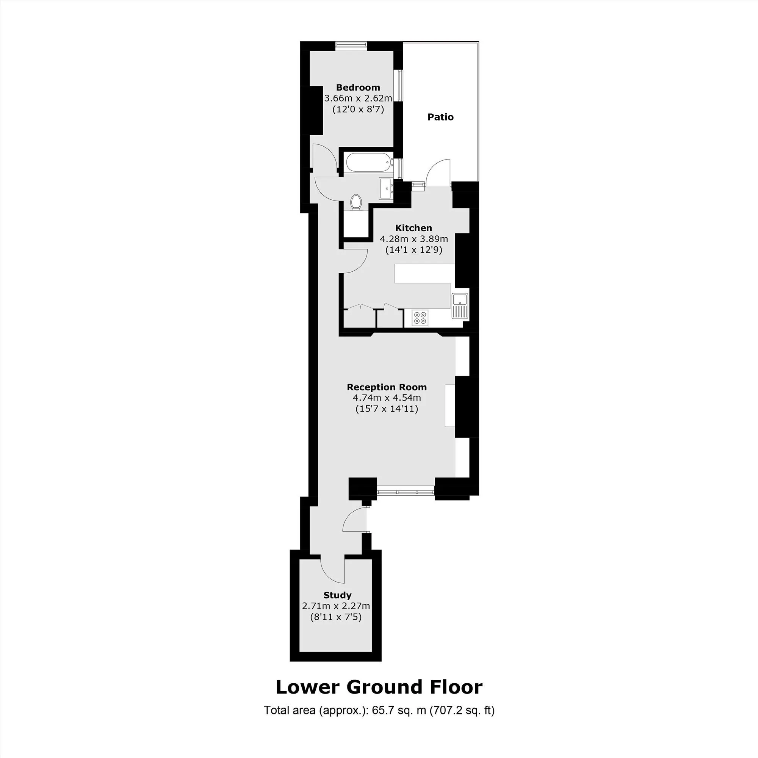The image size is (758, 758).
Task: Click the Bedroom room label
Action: point(358,88)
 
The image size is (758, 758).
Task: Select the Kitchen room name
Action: point(413,228)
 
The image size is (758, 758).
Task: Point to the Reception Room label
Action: point(387,387)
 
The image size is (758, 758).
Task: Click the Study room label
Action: point(337,595)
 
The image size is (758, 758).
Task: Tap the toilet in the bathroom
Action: point(356,202)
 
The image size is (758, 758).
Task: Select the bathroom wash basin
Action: point(386,189)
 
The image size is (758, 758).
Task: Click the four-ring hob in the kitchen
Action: point(420,317)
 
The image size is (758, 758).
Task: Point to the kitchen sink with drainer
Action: point(460,305)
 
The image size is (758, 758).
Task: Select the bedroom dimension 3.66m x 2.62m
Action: point(358,98)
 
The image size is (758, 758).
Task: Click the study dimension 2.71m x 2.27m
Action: point(336,606)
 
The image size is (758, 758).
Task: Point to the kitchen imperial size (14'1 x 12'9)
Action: point(413,250)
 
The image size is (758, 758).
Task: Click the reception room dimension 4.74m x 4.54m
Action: point(387,398)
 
